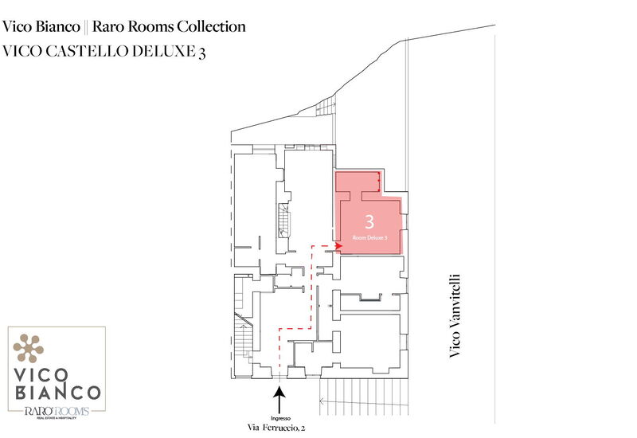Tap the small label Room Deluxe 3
tap(369, 237)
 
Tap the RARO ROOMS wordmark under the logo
tap(54, 411)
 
